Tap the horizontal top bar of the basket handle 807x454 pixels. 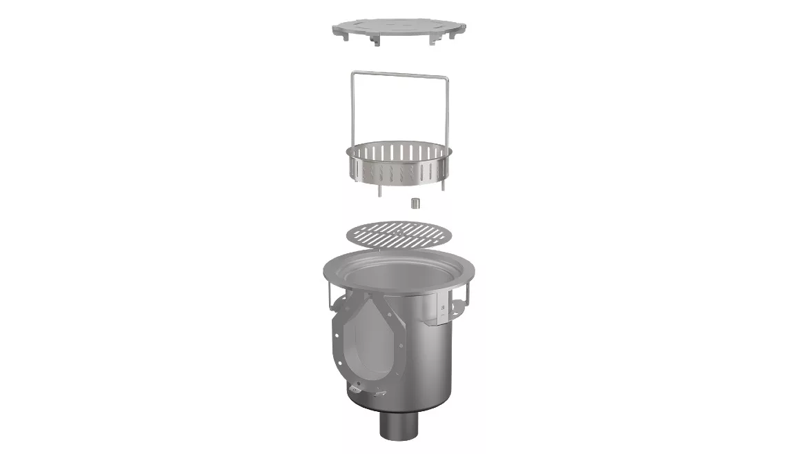pyautogui.click(x=400, y=74)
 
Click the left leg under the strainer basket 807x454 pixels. pyautogui.click(x=379, y=193)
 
